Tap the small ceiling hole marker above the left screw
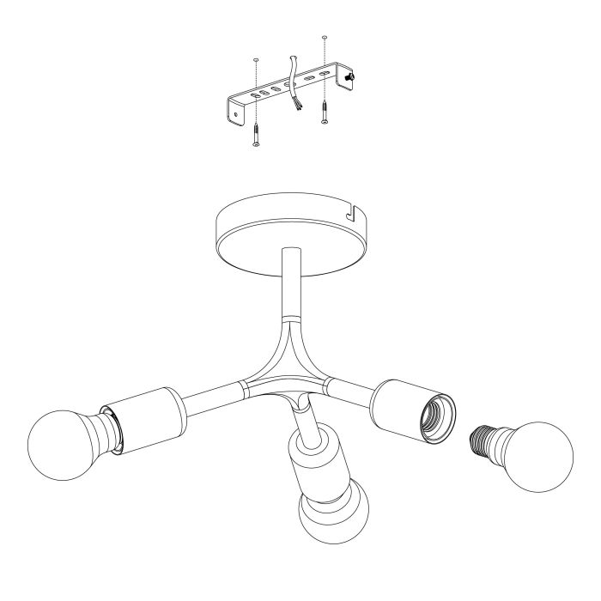(256, 59)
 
